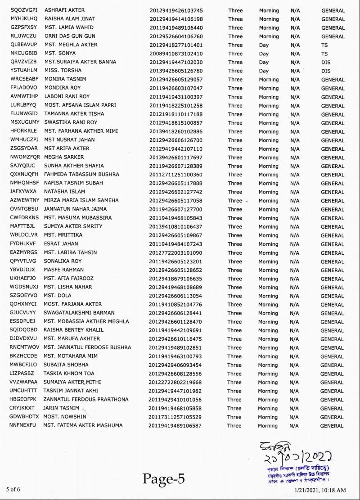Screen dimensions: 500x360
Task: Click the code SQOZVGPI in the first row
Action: tap(24, 10)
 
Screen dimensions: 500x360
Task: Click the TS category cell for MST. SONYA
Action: tap(324, 54)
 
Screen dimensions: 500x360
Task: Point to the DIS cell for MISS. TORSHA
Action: tap(326, 71)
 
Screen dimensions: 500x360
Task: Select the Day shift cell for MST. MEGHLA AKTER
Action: tap(264, 45)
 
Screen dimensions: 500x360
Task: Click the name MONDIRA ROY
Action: tap(63, 88)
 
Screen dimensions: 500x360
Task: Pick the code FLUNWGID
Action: tap(23, 114)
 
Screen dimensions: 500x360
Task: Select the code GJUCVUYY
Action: tap(22, 313)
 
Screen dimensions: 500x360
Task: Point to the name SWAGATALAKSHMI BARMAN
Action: tap(79, 313)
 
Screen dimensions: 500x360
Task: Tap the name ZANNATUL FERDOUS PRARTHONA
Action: tap(86, 399)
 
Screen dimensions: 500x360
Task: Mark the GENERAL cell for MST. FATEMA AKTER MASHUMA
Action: tap(332, 426)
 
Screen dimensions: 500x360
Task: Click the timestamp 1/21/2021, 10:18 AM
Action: tap(320, 490)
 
